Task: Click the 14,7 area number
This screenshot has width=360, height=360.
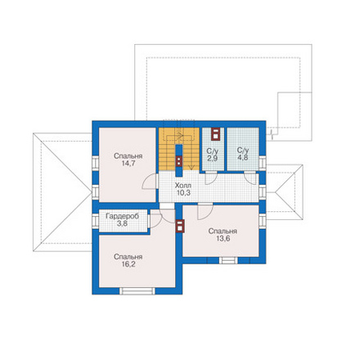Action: [x=128, y=164]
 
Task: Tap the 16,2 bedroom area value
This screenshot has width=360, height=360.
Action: [x=128, y=264]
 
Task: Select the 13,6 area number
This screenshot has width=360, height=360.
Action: [x=223, y=239]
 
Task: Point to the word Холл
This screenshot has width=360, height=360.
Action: [x=183, y=186]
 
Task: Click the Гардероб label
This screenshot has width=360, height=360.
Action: [x=122, y=216]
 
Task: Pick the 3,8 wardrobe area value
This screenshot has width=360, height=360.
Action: [x=122, y=223]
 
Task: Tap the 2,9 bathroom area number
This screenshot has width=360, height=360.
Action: [x=212, y=159]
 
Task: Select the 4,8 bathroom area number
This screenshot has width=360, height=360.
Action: [x=243, y=158]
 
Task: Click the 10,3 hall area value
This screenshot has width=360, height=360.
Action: [x=183, y=193]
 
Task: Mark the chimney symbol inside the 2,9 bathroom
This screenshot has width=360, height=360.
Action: [x=215, y=134]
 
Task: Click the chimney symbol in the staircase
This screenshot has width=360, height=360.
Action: [x=179, y=161]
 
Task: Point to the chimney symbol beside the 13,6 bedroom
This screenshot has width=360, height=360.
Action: [x=180, y=226]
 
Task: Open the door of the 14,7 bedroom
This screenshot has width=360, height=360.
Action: [x=150, y=181]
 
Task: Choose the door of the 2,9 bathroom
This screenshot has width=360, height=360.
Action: [x=211, y=178]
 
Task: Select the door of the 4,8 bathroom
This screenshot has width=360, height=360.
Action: [x=250, y=178]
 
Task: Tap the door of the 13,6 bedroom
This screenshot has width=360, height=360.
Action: [x=205, y=211]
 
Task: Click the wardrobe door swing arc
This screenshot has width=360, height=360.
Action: [x=156, y=221]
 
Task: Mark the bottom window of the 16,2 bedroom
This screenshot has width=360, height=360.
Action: [x=137, y=291]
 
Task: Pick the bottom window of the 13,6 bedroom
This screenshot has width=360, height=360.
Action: [x=228, y=260]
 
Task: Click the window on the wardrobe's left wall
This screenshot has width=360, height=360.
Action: [x=96, y=221]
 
